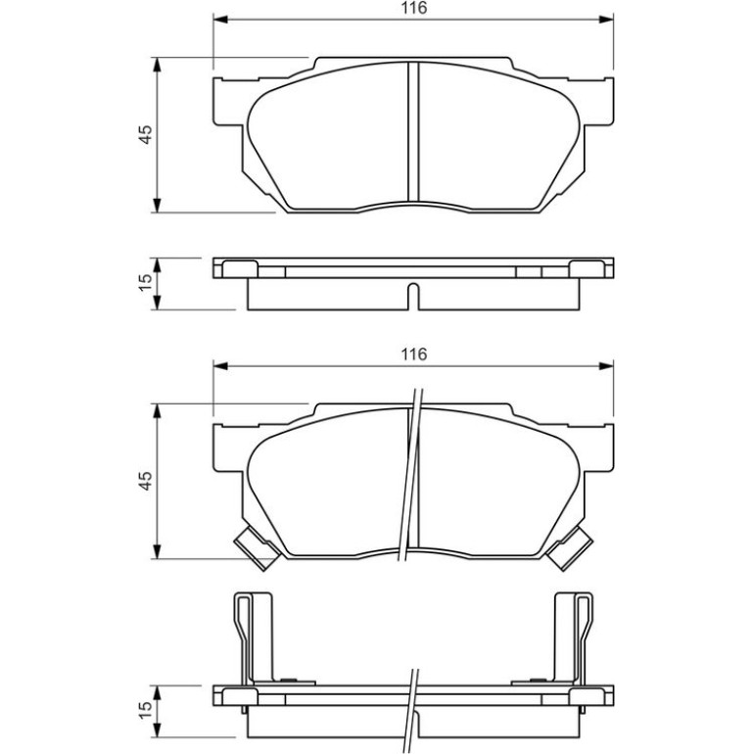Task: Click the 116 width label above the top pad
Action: (414, 8)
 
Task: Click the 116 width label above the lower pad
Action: (414, 354)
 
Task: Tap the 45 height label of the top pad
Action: (145, 134)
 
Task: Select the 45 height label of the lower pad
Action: (145, 481)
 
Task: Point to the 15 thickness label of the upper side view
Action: (145, 283)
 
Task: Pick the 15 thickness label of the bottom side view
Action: (145, 711)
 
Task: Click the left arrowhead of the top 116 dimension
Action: (219, 20)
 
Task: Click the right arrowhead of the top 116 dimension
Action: (606, 20)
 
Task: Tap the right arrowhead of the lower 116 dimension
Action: (606, 366)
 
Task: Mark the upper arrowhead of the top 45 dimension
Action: (156, 65)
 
